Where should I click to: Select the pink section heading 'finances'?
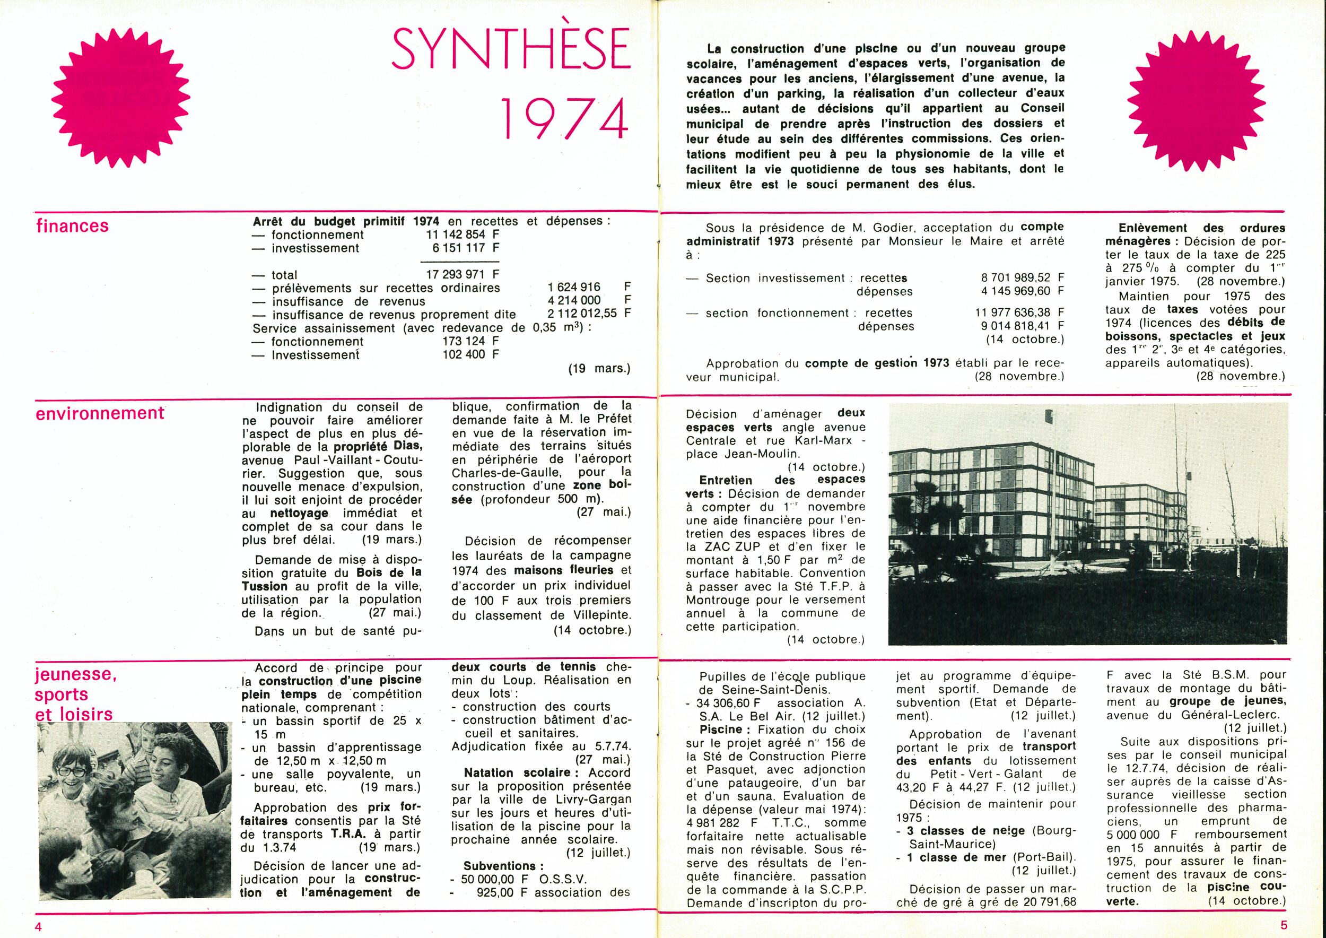[x=72, y=225]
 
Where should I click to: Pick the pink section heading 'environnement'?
[x=100, y=413]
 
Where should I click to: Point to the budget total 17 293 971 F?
[x=462, y=275]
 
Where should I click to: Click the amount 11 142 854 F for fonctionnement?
[x=462, y=235]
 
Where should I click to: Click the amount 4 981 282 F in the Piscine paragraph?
[x=723, y=822]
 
